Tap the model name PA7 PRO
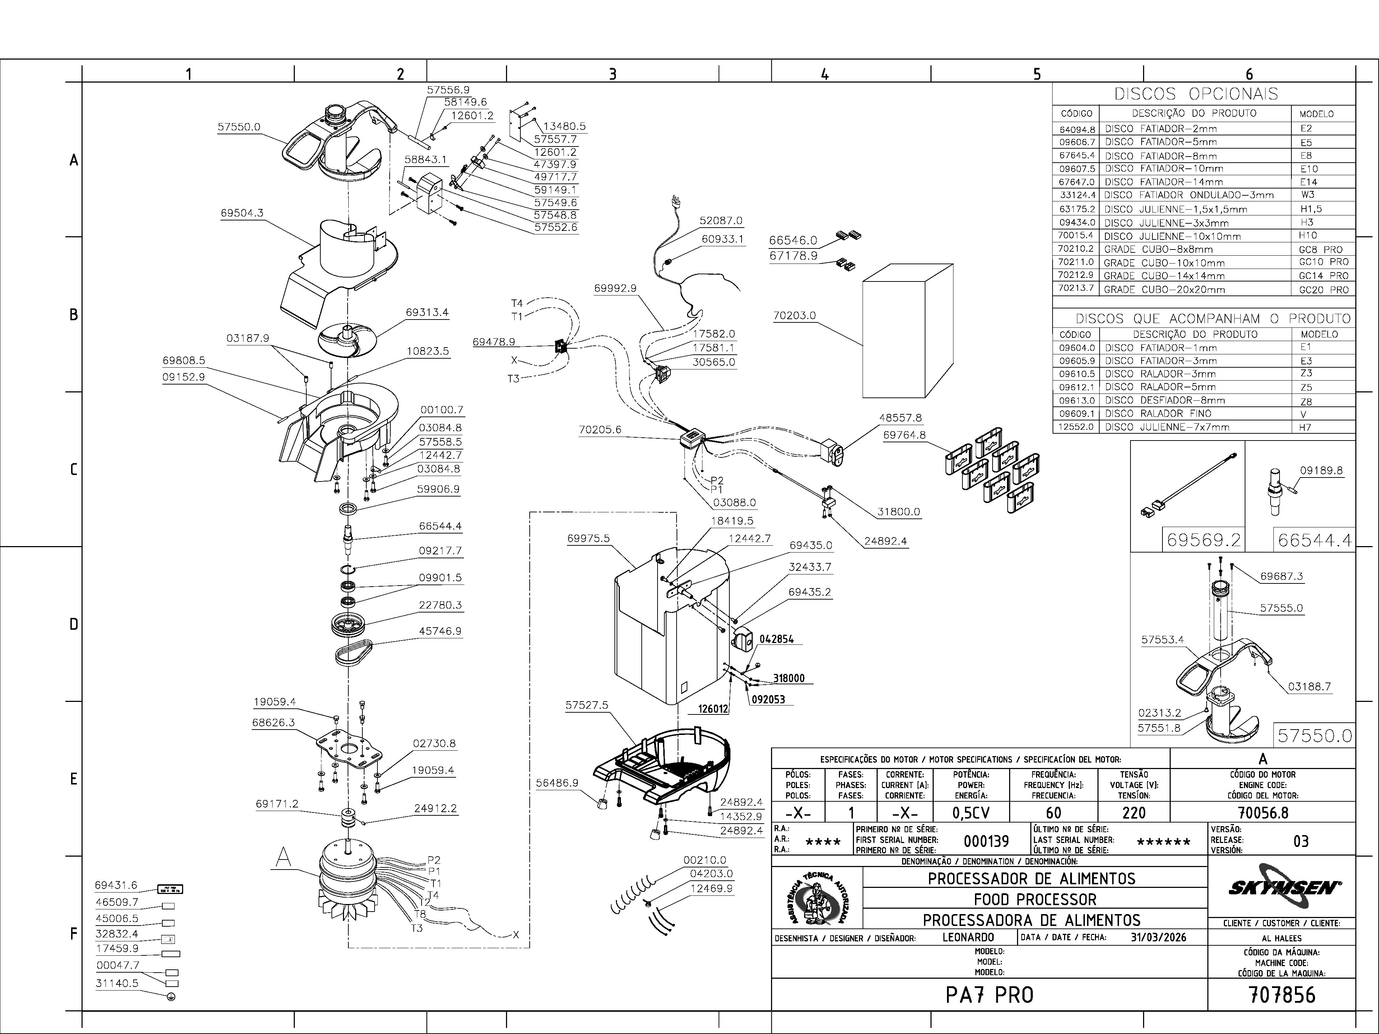989,995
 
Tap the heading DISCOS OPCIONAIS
1196,94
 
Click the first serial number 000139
986,842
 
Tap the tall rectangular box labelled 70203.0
908,330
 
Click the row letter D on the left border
74,624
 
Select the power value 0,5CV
971,813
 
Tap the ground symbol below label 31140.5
171,996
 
